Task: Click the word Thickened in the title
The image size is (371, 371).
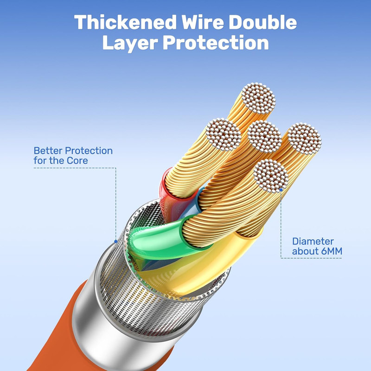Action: (125, 22)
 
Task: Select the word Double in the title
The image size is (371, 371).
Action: (262, 22)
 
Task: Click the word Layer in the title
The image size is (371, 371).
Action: (130, 43)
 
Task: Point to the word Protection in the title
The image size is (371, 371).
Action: (216, 43)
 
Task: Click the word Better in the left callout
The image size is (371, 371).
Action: (48, 151)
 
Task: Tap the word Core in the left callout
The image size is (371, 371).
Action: (77, 160)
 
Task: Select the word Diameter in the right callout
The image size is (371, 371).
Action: (313, 241)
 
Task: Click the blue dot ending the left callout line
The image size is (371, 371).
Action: (115, 242)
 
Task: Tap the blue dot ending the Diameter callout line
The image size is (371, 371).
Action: (281, 190)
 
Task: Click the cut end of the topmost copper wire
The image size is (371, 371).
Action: (258, 98)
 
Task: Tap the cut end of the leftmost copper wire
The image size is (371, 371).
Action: (224, 134)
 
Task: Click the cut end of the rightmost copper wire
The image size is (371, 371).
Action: (304, 139)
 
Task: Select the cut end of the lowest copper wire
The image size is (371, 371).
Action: (271, 176)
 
